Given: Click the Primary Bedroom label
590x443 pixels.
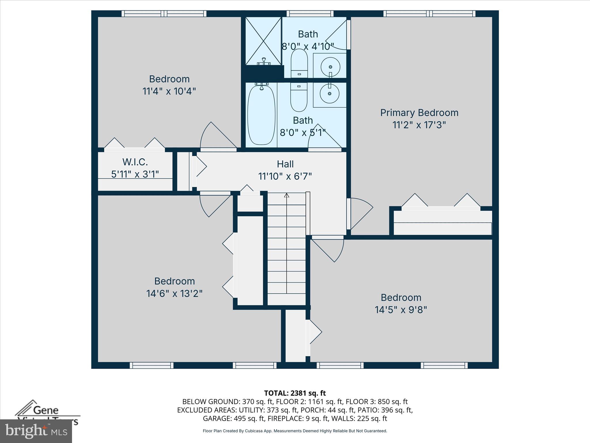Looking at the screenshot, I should (x=419, y=113).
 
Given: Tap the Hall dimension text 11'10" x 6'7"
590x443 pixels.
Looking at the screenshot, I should (x=285, y=176).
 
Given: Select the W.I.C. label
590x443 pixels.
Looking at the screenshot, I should (x=135, y=162).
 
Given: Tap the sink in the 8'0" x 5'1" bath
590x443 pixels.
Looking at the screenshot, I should (x=330, y=93).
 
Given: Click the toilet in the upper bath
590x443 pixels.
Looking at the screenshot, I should (x=299, y=63).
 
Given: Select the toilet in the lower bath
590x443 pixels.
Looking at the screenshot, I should (x=299, y=98).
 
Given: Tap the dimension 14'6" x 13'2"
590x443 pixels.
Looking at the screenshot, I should (x=174, y=294).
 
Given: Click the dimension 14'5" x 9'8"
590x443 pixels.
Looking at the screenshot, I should (x=401, y=310).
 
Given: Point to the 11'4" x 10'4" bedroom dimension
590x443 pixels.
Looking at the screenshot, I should (x=169, y=91).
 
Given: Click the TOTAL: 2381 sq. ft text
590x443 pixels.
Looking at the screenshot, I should (x=295, y=393).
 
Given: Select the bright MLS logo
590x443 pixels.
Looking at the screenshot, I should (x=36, y=431).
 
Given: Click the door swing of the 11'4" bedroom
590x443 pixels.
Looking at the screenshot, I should (x=216, y=136).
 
